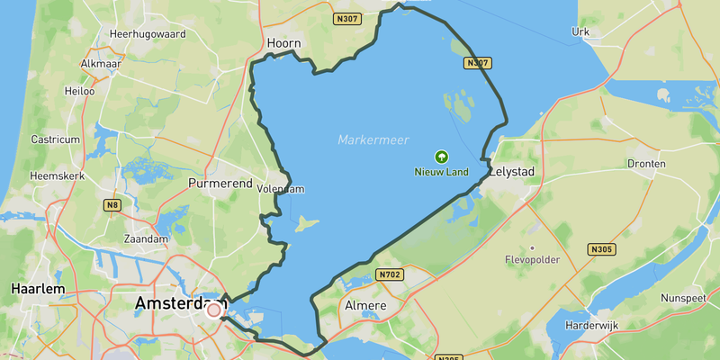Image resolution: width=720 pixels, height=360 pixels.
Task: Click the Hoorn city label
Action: [x=283, y=42]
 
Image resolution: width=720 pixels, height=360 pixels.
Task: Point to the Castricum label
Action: [x=56, y=139]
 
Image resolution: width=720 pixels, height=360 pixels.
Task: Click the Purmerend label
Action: [x=220, y=183]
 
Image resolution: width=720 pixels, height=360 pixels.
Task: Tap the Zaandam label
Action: [x=148, y=239]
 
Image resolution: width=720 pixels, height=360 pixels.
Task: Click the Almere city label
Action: [x=365, y=306]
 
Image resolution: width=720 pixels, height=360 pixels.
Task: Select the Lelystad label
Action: [x=513, y=171]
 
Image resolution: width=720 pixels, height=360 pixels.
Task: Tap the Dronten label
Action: [x=648, y=164]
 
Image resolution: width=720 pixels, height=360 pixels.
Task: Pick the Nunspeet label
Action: [x=687, y=296]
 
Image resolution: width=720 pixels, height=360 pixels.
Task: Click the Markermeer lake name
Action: [x=373, y=139]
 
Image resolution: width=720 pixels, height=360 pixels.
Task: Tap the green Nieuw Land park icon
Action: [x=441, y=156]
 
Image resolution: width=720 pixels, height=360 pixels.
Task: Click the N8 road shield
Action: [x=112, y=206]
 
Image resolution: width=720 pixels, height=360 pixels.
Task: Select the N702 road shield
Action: [x=388, y=274]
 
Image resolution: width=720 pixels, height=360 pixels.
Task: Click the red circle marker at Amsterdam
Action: [x=214, y=310]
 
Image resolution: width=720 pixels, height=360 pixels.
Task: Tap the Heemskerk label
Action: [x=56, y=175]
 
